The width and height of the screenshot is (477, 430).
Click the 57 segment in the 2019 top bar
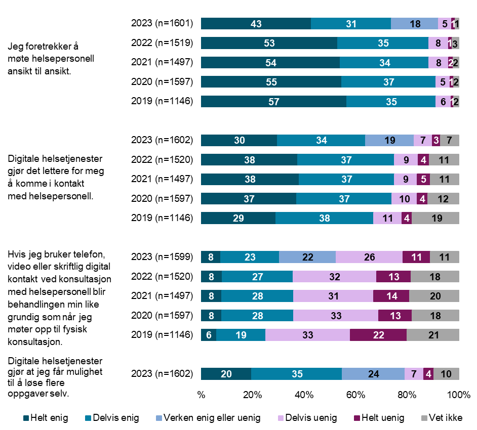pyautogui.click(x=273, y=101)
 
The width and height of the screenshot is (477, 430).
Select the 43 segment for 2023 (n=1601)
pyautogui.click(x=256, y=23)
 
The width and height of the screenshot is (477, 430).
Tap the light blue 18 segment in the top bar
pyautogui.click(x=414, y=23)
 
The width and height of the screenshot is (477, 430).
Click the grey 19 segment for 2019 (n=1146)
pyautogui.click(x=435, y=219)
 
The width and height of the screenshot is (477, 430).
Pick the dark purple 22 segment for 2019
pyautogui.click(x=378, y=335)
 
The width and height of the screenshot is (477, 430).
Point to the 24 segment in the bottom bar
pyautogui.click(x=373, y=374)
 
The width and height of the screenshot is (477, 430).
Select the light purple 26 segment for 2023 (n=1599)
pyautogui.click(x=369, y=257)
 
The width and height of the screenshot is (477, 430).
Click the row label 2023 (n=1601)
pyautogui.click(x=162, y=23)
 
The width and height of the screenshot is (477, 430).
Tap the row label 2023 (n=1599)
pyautogui.click(x=162, y=257)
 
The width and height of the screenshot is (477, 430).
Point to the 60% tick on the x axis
pyautogui.click(x=356, y=395)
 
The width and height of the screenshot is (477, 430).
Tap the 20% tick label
pyautogui.click(x=253, y=395)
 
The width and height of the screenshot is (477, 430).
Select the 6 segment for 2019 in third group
pyautogui.click(x=209, y=335)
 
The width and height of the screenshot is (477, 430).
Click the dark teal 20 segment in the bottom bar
pyautogui.click(x=226, y=374)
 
